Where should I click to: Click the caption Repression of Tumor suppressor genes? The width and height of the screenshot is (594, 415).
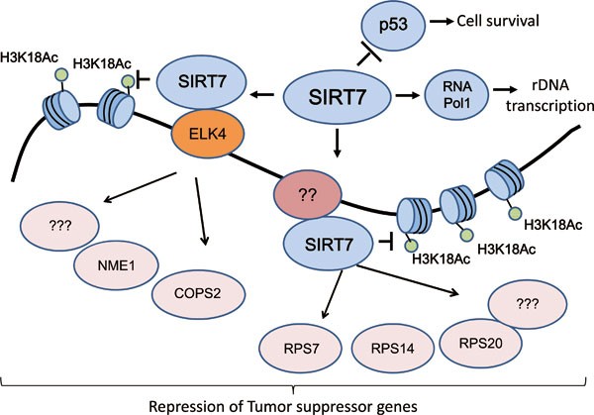coord(297,404)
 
